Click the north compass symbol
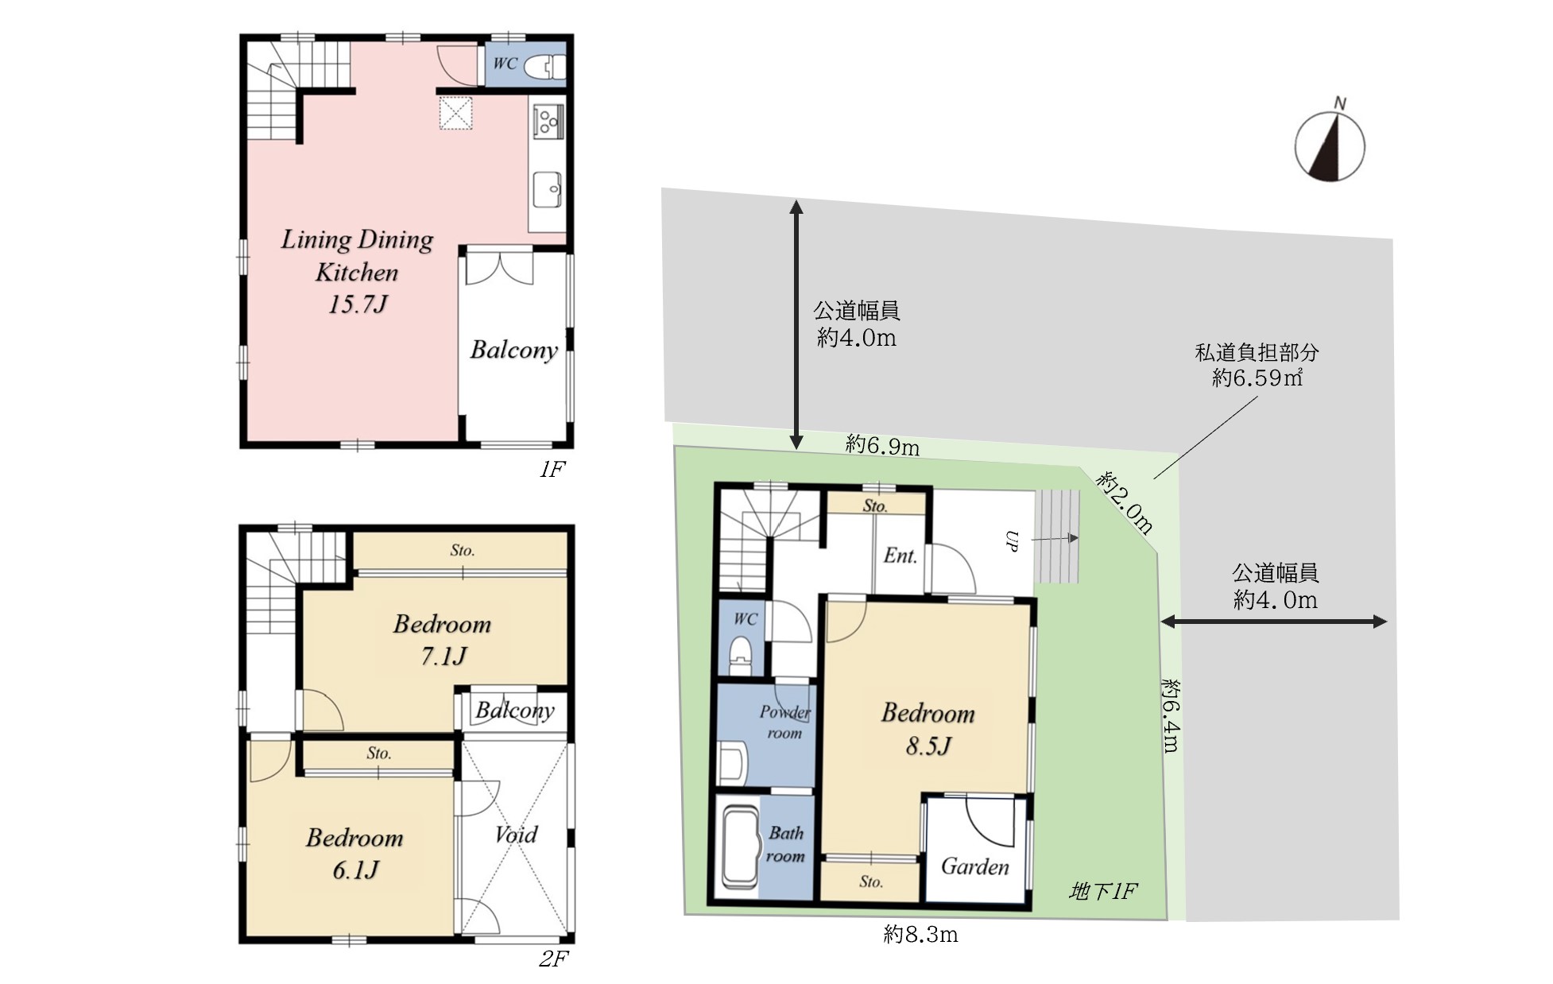point(1330,146)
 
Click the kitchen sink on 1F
point(548,190)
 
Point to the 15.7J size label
point(358,304)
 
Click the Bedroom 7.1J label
point(443,640)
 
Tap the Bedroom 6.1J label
point(354,854)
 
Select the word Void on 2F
point(516,835)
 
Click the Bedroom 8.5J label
point(928,729)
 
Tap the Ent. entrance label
point(900,556)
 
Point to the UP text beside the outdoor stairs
point(1012,540)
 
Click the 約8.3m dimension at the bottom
point(920,935)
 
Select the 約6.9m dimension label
point(882,446)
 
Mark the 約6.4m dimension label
point(1171,715)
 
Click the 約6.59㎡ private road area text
point(1257,378)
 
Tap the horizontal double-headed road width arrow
point(1274,622)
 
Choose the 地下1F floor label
point(1103,892)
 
